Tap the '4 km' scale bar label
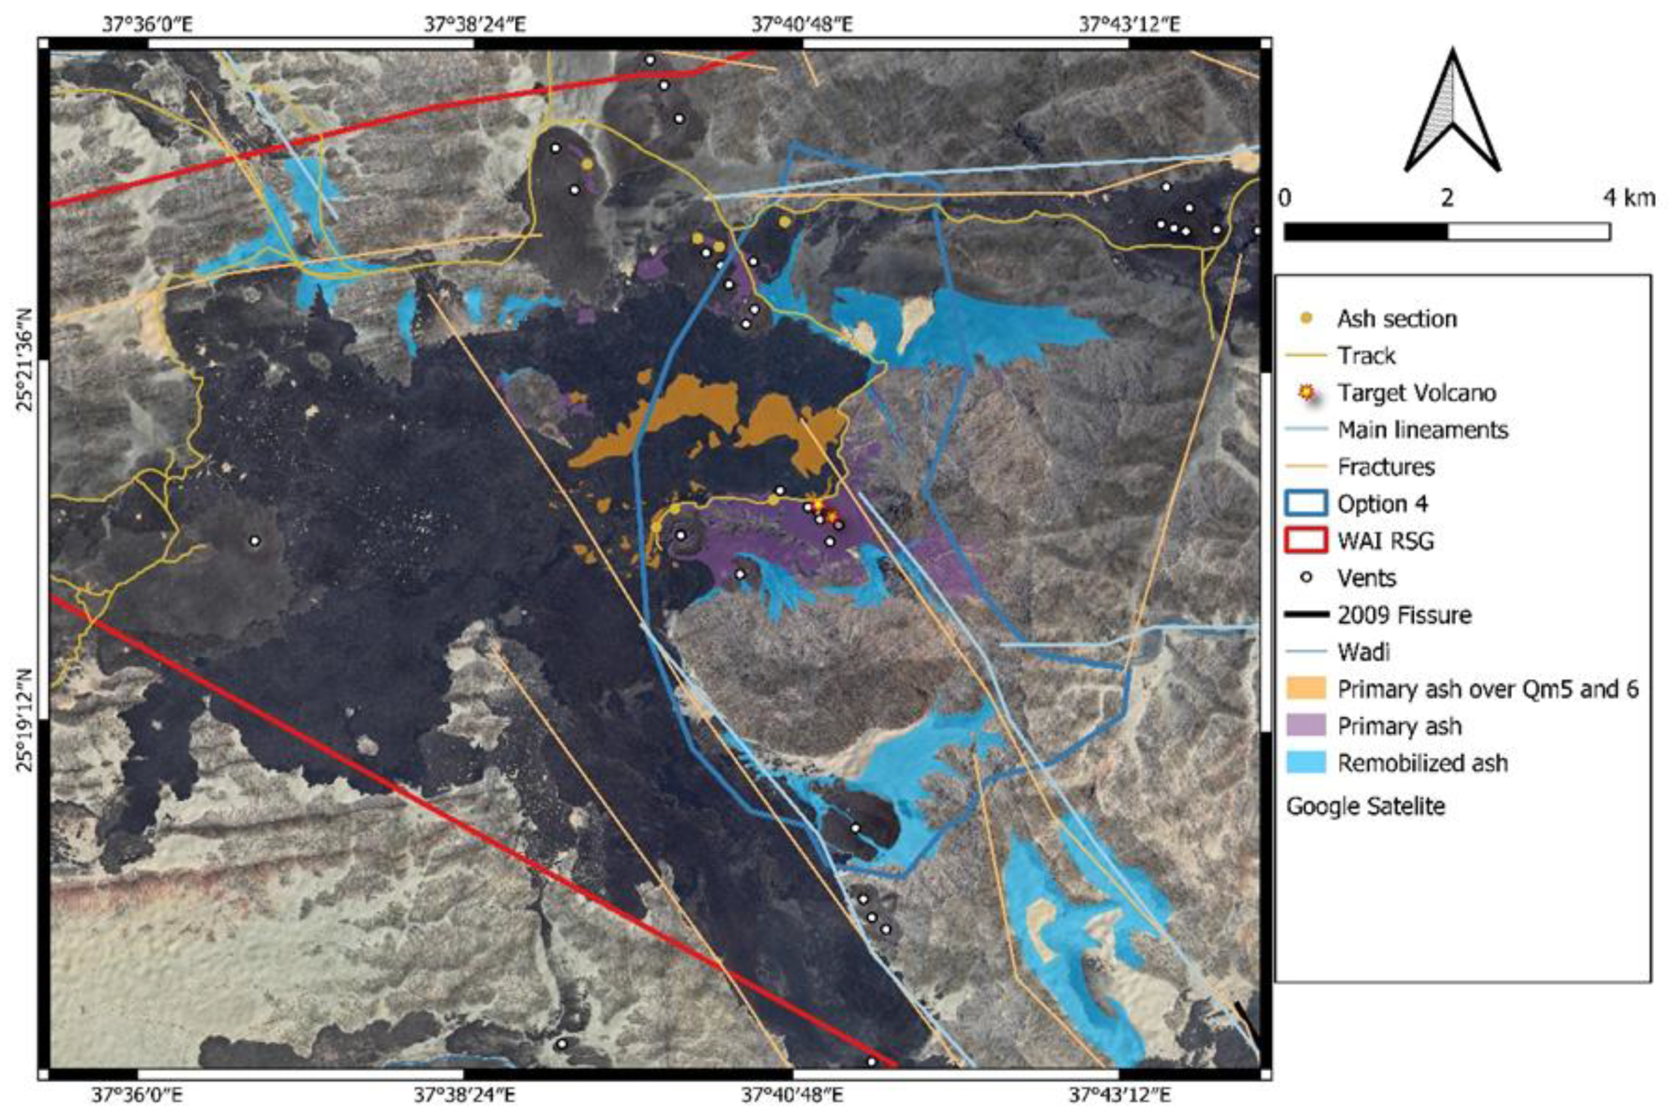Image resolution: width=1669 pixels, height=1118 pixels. coord(1628,197)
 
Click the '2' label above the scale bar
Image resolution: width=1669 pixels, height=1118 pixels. coord(1447,197)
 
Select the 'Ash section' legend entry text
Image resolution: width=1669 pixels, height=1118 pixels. coord(1396,318)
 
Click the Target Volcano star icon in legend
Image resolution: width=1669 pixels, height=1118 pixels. coord(1306,392)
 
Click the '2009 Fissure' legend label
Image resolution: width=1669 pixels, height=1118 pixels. coord(1404,615)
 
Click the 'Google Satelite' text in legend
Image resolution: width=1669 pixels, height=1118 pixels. coord(1366,807)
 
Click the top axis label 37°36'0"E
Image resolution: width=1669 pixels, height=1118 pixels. coord(147,25)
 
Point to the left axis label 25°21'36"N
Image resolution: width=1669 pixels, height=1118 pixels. coord(26,360)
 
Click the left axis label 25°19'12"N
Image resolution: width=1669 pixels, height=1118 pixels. coord(26,720)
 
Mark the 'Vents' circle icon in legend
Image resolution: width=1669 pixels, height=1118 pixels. coord(1306,577)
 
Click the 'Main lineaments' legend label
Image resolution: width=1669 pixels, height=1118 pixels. coord(1423,429)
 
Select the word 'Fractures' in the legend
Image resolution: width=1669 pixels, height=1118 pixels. coord(1385,467)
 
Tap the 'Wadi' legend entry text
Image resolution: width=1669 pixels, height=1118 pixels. coord(1363,651)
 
